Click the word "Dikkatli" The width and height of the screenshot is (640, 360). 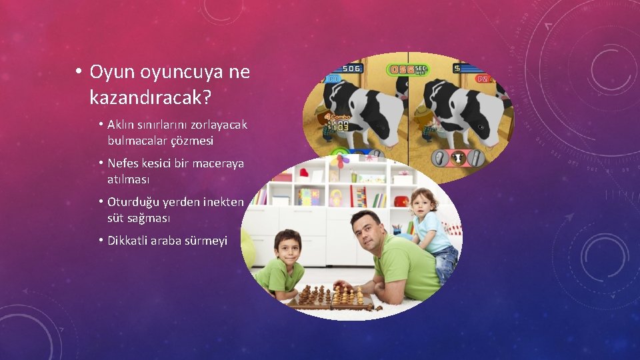coord(131,241)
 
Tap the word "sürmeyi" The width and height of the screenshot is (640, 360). coord(205,241)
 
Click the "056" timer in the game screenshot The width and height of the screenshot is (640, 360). coord(401,69)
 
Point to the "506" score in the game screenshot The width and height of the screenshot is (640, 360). coord(351,68)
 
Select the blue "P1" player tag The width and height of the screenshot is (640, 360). coord(333,79)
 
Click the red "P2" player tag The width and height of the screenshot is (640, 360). coord(483,79)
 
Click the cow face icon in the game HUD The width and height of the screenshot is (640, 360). coord(458,158)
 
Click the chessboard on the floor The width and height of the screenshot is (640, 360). coord(331,297)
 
